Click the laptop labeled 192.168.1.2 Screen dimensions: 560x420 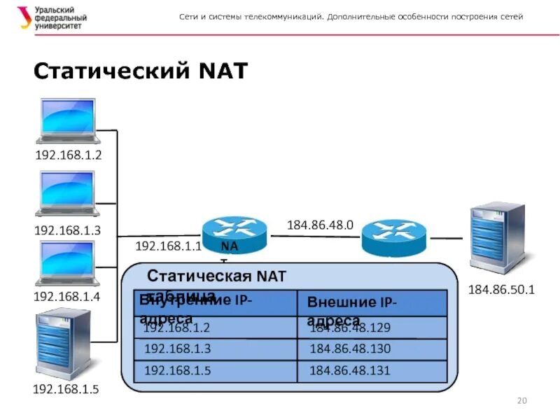pos(67,120)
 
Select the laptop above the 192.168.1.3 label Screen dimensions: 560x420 pos(67,193)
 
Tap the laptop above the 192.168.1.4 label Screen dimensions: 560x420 pos(67,262)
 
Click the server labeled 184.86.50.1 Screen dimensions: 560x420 pos(497,238)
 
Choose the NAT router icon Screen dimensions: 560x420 pos(234,234)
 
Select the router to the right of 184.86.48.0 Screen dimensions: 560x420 pos(393,237)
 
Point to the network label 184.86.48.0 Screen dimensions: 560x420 pos(320,225)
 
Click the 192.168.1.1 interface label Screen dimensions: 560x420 pos(168,246)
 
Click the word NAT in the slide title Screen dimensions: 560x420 pos(223,71)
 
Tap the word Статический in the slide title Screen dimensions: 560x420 pos(112,71)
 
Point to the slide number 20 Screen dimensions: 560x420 pos(521,400)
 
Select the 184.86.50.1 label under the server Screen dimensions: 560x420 pos(501,289)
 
